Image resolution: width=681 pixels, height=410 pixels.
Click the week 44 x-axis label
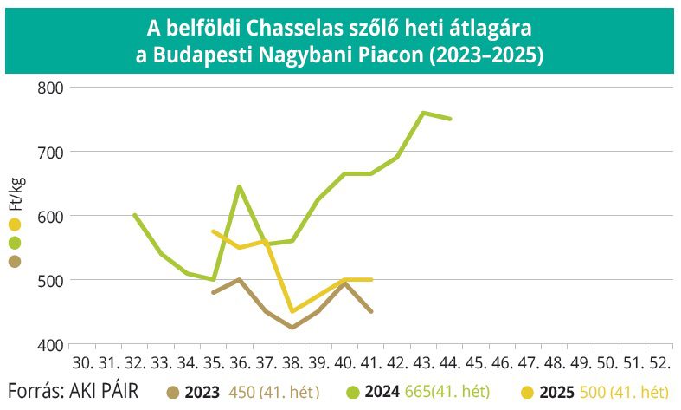pyautogui.click(x=450, y=361)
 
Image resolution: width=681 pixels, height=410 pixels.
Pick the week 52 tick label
pyautogui.click(x=659, y=361)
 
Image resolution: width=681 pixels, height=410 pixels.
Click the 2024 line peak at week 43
pyautogui.click(x=423, y=113)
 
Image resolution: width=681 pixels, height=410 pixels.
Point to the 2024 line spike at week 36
pyautogui.click(x=239, y=186)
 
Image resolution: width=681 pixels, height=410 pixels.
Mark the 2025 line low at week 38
pyautogui.click(x=292, y=311)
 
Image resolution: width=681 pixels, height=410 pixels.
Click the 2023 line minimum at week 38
pyautogui.click(x=292, y=328)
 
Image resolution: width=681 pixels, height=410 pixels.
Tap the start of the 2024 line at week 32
pyautogui.click(x=134, y=215)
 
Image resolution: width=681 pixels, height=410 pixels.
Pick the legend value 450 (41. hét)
pyautogui.click(x=274, y=392)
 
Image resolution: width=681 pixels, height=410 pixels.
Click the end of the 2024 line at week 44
pyautogui.click(x=450, y=119)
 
